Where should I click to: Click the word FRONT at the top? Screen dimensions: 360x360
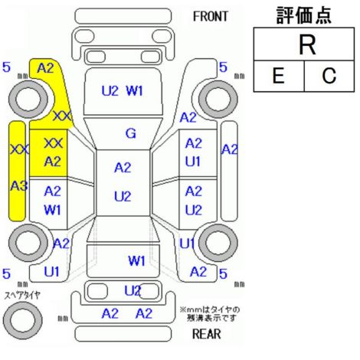tap(210, 17)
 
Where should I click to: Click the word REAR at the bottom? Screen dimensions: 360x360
tap(206, 334)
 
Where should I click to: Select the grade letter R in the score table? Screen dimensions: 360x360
tap(307, 45)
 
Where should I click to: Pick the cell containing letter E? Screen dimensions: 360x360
tap(279, 76)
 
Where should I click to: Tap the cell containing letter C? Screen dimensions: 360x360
tap(329, 76)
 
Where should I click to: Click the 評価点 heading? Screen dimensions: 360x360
tap(304, 16)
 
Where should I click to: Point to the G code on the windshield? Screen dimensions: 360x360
tap(131, 133)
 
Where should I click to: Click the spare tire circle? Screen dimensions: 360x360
tap(23, 320)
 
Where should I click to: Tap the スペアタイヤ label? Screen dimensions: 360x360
tap(22, 296)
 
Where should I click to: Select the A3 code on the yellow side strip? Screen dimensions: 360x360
tap(19, 186)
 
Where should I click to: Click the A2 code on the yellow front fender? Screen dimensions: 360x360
tap(45, 68)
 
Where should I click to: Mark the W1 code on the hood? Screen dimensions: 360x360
tap(135, 91)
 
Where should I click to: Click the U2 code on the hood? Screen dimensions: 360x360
tap(110, 91)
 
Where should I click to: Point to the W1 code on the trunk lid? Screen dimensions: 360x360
tap(136, 261)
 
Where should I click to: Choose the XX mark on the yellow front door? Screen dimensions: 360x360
tap(53, 143)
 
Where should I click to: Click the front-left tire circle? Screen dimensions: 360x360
tap(28, 99)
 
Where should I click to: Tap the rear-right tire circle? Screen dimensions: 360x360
tap(218, 243)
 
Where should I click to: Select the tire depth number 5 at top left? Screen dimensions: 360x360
tap(6, 67)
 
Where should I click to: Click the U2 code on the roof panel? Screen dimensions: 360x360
tap(123, 197)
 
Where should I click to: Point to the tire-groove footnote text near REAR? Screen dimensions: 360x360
tap(210, 314)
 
